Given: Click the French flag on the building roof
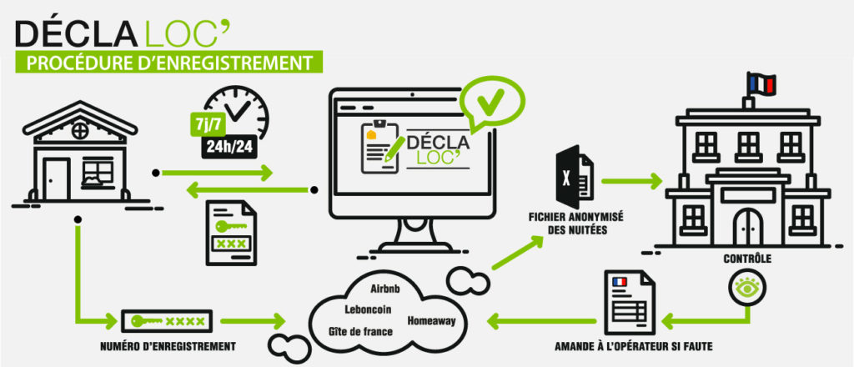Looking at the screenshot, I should pyautogui.click(x=761, y=83).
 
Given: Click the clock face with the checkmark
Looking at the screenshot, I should pyautogui.click(x=242, y=113).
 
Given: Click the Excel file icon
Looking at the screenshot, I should pyautogui.click(x=575, y=178).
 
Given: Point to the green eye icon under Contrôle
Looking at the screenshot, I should pyautogui.click(x=743, y=288).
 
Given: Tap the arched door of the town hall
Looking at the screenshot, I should pyautogui.click(x=748, y=227).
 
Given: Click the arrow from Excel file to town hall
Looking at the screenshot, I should pyautogui.click(x=630, y=179).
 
